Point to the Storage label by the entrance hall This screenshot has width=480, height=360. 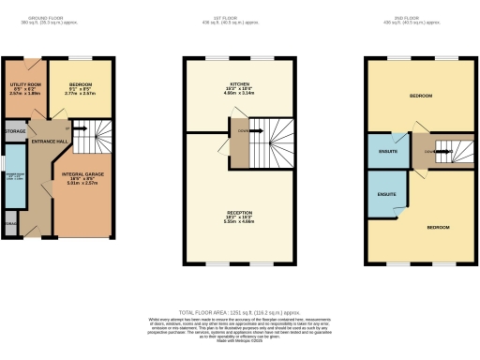(15, 131)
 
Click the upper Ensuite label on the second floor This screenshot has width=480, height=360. (385, 151)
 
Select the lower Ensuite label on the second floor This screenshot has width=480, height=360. (385, 194)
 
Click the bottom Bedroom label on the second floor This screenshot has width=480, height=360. (437, 228)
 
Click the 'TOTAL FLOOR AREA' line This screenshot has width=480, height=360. (239, 311)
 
